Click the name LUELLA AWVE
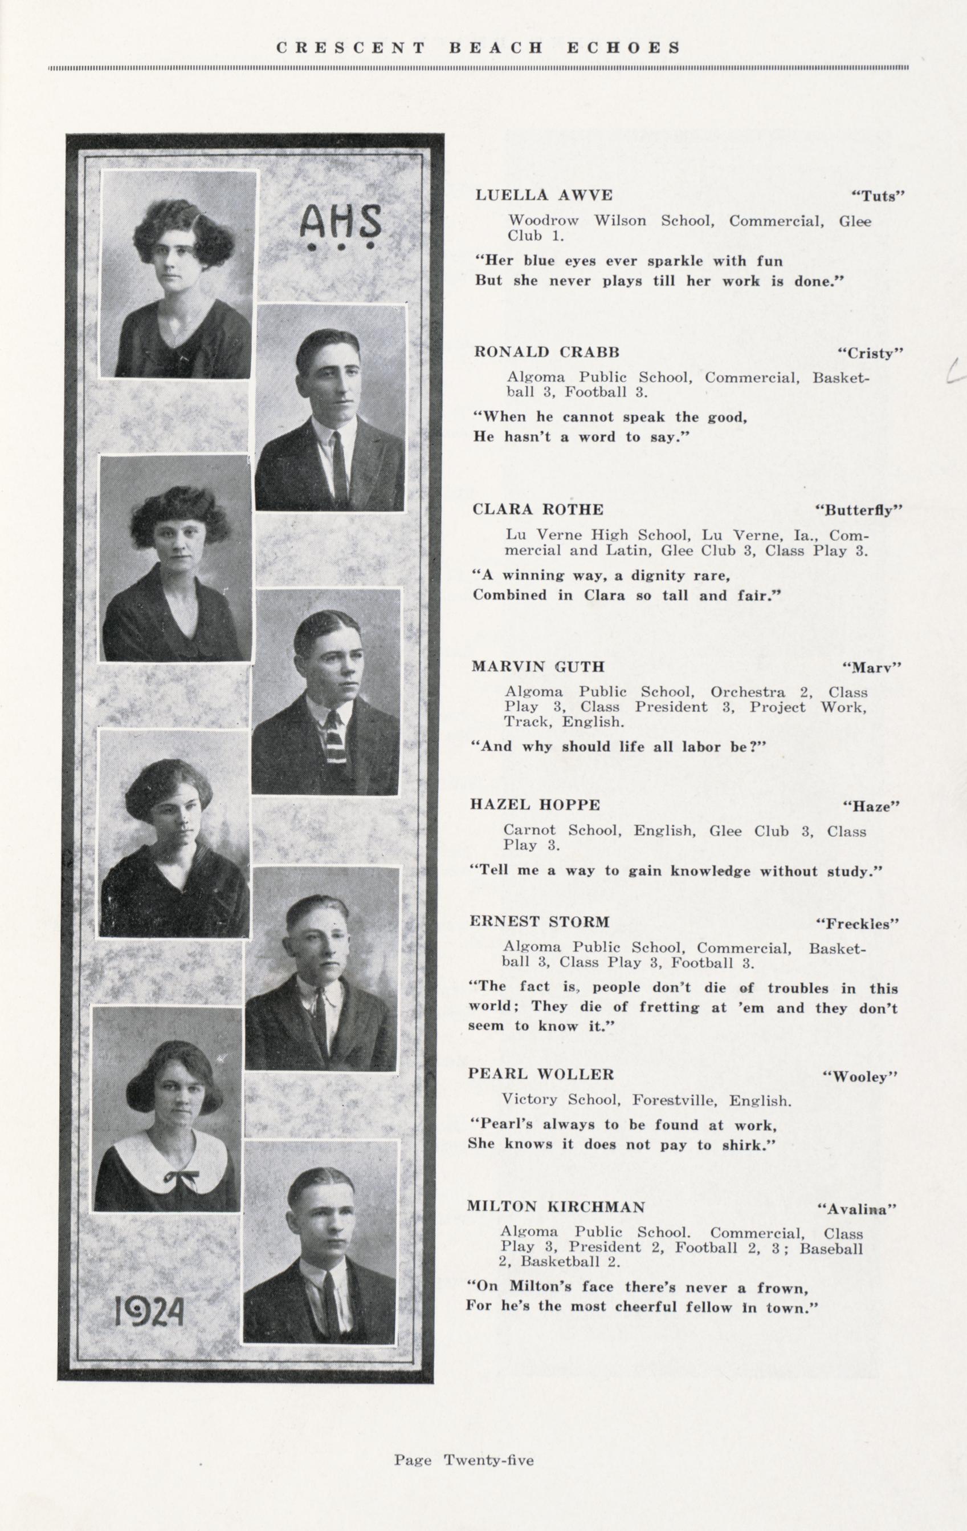pos(544,195)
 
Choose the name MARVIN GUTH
pos(537,667)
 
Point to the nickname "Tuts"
pos(877,196)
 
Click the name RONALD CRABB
pos(547,352)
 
